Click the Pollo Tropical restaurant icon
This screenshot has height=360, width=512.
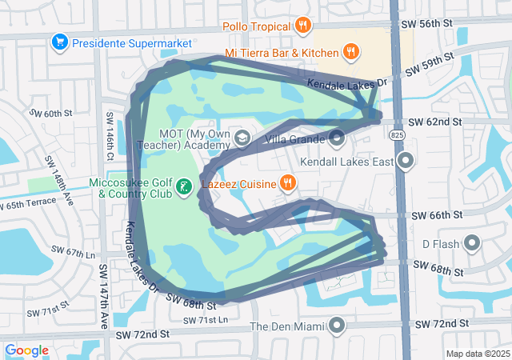(302, 26)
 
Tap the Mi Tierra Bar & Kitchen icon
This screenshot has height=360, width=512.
(350, 53)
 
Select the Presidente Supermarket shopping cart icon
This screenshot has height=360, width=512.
(58, 41)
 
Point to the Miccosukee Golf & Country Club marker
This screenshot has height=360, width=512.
(184, 187)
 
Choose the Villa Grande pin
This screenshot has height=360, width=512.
(337, 138)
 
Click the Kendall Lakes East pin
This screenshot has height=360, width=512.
(406, 162)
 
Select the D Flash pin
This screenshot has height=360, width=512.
(472, 242)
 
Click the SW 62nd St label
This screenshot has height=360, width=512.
(435, 122)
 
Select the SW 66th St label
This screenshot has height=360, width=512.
(436, 216)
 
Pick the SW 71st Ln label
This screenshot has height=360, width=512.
(205, 321)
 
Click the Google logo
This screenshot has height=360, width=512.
(27, 350)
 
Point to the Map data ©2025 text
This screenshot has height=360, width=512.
(478, 354)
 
